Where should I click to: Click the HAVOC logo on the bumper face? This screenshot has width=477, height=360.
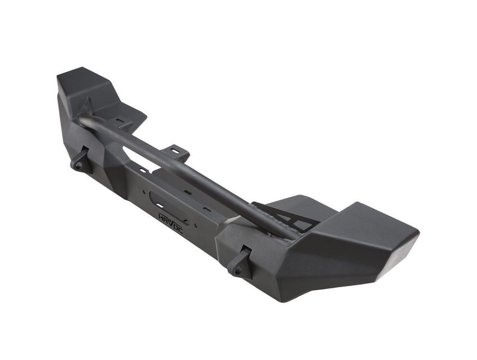coord(171,223)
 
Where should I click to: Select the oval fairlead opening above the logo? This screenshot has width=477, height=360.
coord(169,208)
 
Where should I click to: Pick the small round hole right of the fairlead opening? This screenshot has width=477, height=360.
coord(196,225)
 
